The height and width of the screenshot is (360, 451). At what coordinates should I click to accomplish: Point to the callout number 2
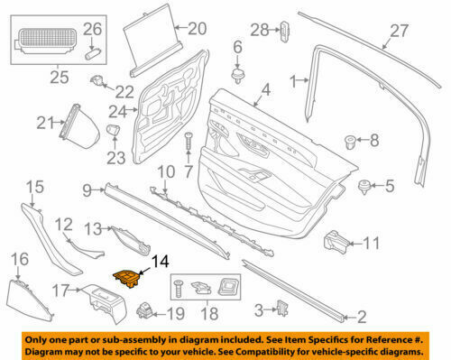[x=361, y=316]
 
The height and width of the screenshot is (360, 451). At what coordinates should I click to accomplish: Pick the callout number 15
[x=33, y=188]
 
